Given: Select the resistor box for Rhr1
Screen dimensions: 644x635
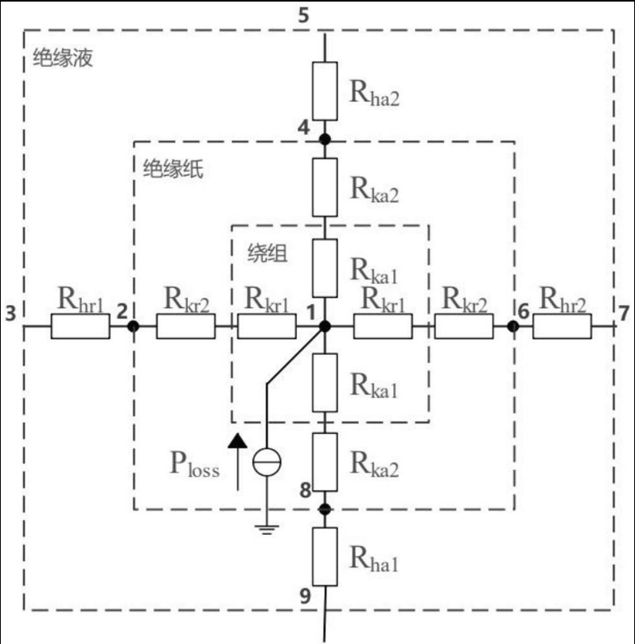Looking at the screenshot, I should (x=80, y=326).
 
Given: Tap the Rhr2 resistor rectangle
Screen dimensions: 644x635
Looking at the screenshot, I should (x=562, y=326).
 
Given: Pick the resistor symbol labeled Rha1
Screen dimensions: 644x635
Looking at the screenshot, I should (x=324, y=557).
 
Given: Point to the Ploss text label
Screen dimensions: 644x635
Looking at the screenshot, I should (x=194, y=465).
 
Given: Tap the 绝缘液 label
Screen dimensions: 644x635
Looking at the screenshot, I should (x=63, y=58).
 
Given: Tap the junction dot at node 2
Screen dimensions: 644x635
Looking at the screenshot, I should (x=133, y=326).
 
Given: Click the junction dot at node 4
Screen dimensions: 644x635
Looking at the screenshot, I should (x=324, y=140).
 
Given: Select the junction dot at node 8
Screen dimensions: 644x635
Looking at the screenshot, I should (x=324, y=508).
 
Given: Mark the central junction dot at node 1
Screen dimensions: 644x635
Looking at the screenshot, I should (x=324, y=326).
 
